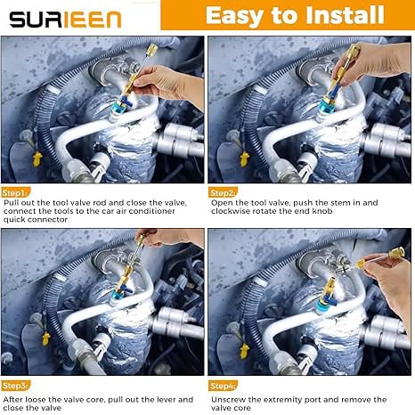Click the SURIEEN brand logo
(x=67, y=17)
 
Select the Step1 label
(x=15, y=191)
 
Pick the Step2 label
(x=223, y=191)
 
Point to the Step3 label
(x=15, y=385)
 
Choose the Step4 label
(x=223, y=385)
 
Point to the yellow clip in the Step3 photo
(x=45, y=338)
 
